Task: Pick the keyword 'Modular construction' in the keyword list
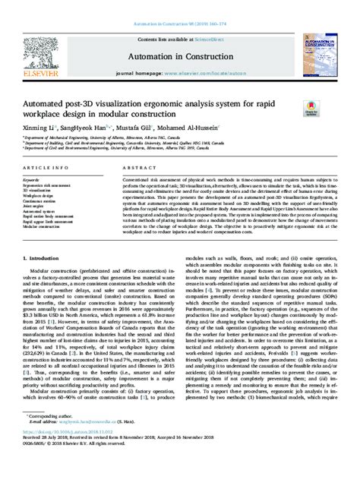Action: pos(43,226)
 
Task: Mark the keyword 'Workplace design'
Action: pos(39,194)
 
